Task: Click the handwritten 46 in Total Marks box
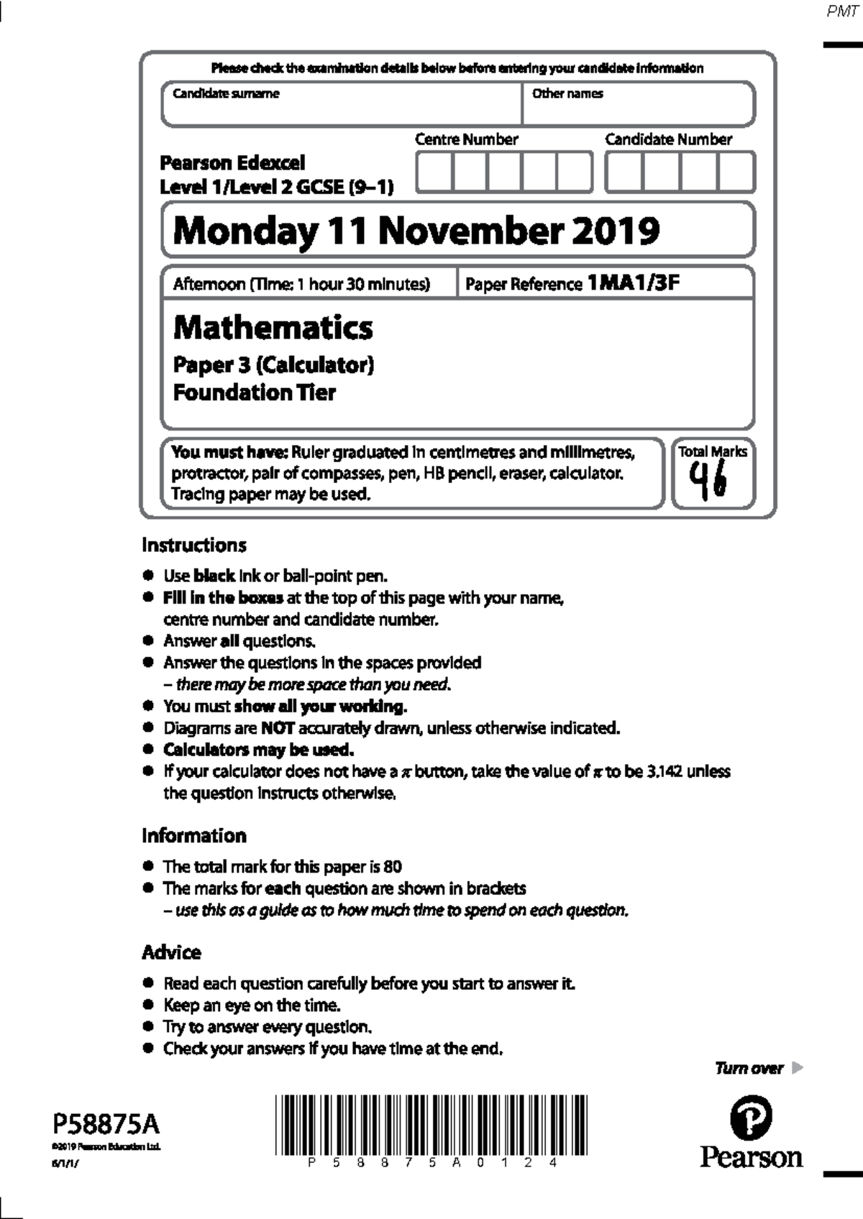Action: [708, 481]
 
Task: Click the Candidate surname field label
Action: [225, 93]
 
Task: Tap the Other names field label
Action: [567, 93]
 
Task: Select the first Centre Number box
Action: [434, 172]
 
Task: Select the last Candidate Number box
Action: [736, 172]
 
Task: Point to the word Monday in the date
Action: [245, 231]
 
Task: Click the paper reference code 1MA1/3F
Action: [633, 282]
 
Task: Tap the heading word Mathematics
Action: [273, 328]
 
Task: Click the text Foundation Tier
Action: [254, 392]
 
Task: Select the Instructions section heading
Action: [193, 545]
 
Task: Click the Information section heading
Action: [193, 835]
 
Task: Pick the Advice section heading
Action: [171, 952]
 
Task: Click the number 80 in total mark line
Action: [393, 866]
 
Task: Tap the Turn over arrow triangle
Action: [797, 1067]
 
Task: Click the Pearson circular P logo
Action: [751, 1118]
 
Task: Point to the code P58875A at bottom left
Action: [106, 1123]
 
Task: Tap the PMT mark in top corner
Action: [842, 12]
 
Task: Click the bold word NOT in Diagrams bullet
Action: [277, 728]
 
